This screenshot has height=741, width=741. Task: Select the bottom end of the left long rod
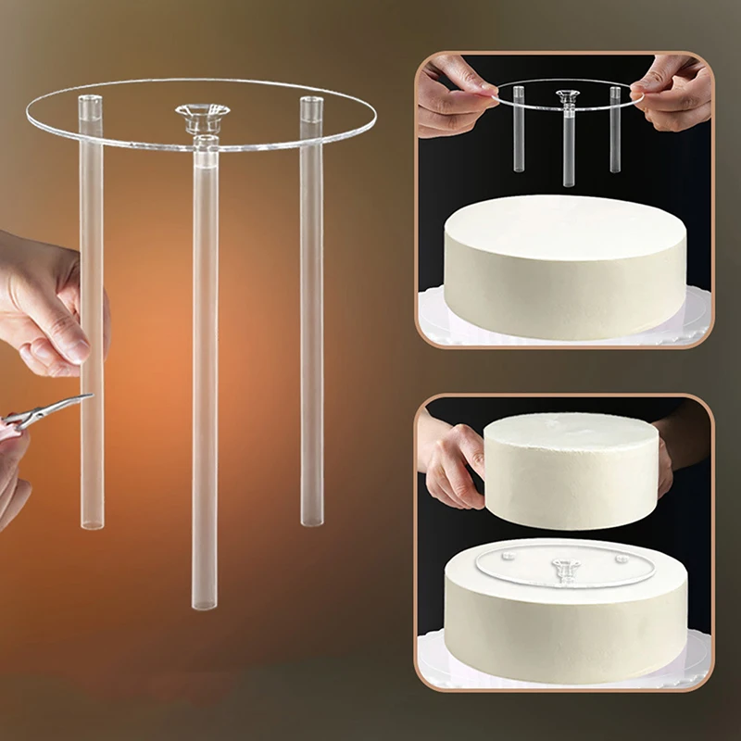(x=92, y=523)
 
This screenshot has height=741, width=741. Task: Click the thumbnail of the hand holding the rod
(x=67, y=350)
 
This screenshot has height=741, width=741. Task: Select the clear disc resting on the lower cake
(x=519, y=565)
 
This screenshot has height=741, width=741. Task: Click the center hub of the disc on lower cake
(x=565, y=567)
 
